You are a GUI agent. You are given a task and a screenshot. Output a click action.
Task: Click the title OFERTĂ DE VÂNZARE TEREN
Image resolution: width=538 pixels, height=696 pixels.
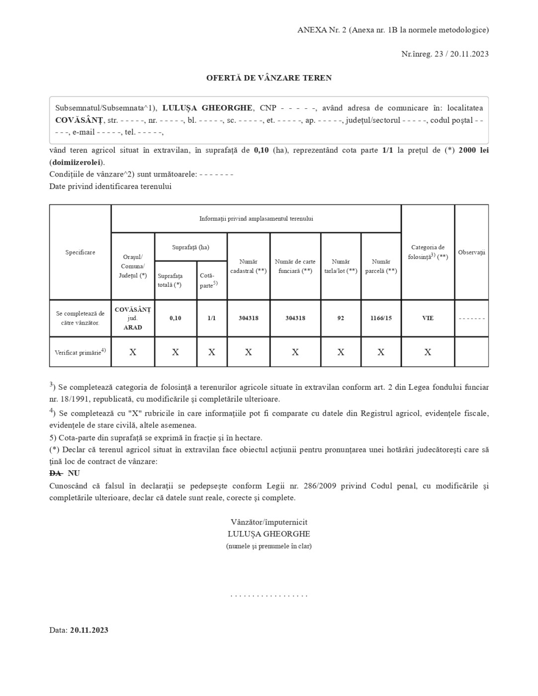pos(269,78)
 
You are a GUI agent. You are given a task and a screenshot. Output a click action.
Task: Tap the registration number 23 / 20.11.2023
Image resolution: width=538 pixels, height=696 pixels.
pos(461,54)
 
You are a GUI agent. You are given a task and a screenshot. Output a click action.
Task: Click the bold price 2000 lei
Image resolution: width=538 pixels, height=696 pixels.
pos(473,150)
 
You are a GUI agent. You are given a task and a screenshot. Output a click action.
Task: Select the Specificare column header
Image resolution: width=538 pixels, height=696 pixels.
pos(80,253)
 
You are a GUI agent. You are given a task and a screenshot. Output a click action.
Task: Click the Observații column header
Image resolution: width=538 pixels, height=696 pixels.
pos(471,253)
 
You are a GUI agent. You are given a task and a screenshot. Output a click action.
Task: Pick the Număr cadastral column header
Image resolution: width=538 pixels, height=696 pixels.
pos(248,266)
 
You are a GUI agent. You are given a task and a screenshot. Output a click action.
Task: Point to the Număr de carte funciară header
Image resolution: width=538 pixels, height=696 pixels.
pos(295,266)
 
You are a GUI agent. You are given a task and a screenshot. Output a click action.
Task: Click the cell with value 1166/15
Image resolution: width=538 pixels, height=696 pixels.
pos(381,318)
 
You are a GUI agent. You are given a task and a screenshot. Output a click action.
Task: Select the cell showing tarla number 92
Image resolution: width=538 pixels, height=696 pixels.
pos(341,318)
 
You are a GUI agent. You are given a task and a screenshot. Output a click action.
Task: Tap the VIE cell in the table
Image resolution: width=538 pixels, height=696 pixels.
pos(428,318)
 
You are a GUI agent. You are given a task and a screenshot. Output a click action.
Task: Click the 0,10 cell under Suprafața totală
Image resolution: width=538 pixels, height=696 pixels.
pos(176,318)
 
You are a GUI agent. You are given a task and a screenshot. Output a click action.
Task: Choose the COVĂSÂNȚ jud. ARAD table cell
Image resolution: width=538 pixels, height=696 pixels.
pos(133,318)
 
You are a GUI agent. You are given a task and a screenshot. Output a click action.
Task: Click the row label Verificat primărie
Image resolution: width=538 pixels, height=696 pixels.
pos(80,352)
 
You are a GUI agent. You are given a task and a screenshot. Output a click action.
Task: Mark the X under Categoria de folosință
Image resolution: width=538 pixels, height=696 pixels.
pos(428,352)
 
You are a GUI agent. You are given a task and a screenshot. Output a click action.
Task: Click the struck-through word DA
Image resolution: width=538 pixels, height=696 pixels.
pos(55,473)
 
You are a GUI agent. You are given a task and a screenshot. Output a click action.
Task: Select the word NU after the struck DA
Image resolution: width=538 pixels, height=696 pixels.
pos(74,473)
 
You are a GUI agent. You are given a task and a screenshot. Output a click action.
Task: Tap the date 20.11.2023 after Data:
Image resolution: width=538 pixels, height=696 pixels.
pos(89,630)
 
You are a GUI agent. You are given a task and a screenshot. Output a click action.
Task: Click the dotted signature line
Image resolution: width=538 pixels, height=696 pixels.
pos(269,595)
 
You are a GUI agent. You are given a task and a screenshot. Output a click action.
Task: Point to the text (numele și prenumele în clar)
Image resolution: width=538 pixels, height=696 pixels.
pos(269,546)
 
